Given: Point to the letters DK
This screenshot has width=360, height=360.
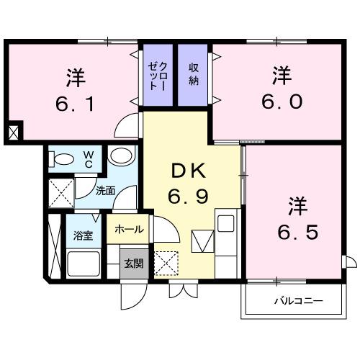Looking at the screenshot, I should click(189, 171).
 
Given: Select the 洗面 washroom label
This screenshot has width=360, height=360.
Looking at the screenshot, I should click(106, 192).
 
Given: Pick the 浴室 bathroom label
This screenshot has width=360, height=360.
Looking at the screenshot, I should click(84, 235).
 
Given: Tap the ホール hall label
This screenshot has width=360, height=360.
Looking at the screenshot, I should click(129, 230).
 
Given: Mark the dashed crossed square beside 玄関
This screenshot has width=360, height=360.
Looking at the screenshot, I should click(166, 263).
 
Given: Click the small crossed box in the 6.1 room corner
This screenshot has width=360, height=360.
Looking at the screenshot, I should click(14, 132).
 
